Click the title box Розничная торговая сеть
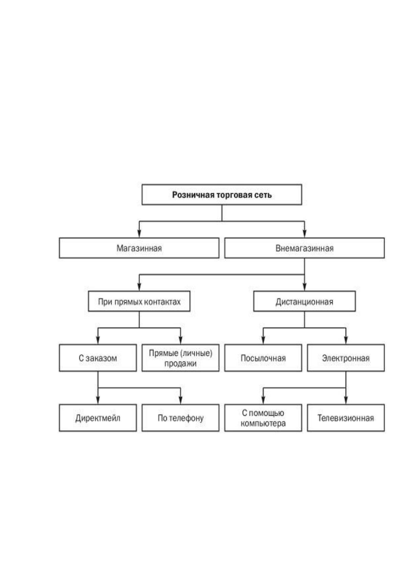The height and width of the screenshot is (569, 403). point(222,195)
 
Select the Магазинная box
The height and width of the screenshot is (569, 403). point(139,248)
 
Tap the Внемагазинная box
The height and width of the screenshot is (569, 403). point(304,248)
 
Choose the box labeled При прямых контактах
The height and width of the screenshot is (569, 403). point(139,301)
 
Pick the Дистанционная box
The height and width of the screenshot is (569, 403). point(304,301)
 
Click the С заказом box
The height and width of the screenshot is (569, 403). point(98,358)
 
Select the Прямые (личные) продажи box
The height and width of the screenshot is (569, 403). point(180,358)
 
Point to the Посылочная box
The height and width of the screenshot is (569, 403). point(263,358)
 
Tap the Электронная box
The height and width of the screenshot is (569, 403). point(346,358)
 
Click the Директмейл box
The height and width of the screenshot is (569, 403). point(98,418)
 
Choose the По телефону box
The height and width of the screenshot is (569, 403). point(180,418)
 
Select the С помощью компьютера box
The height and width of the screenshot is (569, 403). point(263,418)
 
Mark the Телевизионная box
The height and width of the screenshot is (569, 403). point(346,418)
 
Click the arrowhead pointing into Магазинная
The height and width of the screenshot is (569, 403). point(139,234)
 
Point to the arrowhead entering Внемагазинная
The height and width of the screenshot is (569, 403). point(305,234)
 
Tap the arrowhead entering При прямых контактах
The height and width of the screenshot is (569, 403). point(139,287)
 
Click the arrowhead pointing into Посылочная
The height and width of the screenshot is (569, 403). point(263,341)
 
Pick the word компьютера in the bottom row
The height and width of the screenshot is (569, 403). point(263,423)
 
